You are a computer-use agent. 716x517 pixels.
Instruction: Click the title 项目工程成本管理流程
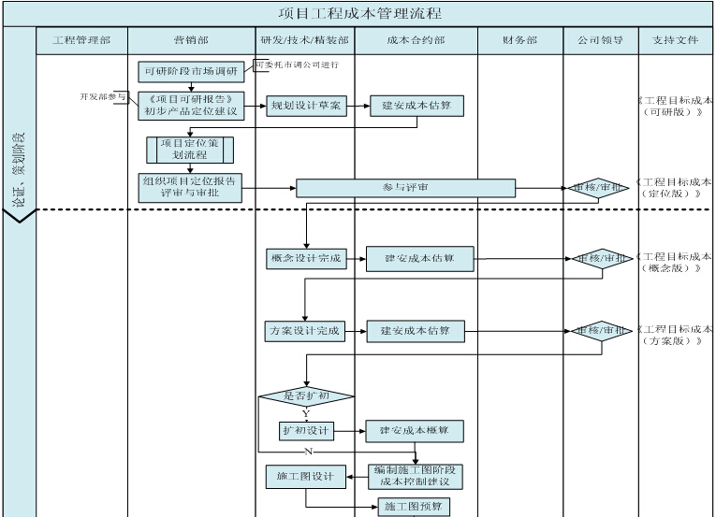point(360,13)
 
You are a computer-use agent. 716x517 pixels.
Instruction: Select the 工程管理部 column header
point(81,41)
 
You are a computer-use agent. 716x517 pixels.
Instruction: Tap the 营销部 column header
point(191,41)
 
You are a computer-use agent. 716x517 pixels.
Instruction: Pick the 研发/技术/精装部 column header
point(306,41)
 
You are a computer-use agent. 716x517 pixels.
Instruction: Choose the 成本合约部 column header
point(416,41)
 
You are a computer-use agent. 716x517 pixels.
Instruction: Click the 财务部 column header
point(519,41)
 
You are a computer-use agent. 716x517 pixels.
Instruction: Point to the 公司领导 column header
point(600,41)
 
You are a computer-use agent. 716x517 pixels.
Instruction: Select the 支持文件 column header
point(676,41)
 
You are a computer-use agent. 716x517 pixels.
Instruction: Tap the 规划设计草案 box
point(306,106)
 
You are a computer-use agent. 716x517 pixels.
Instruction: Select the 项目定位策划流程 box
point(190,150)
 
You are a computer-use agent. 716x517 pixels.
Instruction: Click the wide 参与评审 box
point(405,188)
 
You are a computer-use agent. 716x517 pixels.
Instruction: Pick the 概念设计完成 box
point(305,258)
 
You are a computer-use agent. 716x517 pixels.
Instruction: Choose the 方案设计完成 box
point(305,331)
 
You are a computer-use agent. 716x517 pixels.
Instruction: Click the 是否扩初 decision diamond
point(306,396)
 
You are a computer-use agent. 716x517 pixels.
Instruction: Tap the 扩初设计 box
point(306,431)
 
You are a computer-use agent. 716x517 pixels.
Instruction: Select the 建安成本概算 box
point(415,431)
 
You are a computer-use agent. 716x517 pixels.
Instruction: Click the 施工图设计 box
point(305,477)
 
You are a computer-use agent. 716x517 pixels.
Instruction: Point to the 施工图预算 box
point(415,508)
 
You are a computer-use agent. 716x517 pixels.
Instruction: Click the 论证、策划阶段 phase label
point(19,167)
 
